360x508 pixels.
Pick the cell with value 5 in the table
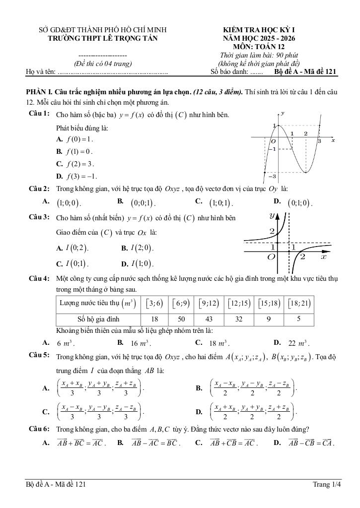[298, 319]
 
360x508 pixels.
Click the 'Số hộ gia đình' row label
[98, 319]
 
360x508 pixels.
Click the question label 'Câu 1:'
[39, 115]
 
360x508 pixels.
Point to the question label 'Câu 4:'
[39, 279]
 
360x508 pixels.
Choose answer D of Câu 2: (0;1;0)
[299, 203]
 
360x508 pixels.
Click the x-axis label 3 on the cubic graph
[320, 141]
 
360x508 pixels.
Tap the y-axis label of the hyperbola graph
[272, 215]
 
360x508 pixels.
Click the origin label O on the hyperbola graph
[271, 257]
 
